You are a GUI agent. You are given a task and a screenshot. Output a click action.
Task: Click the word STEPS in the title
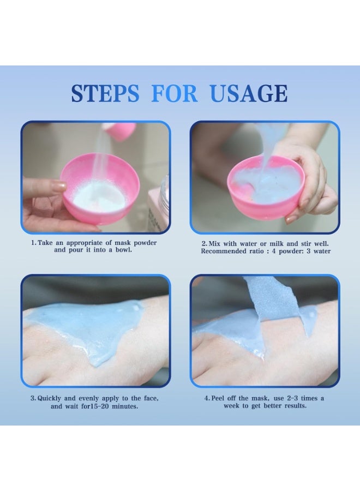105,93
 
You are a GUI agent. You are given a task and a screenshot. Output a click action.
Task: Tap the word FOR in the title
174,93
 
